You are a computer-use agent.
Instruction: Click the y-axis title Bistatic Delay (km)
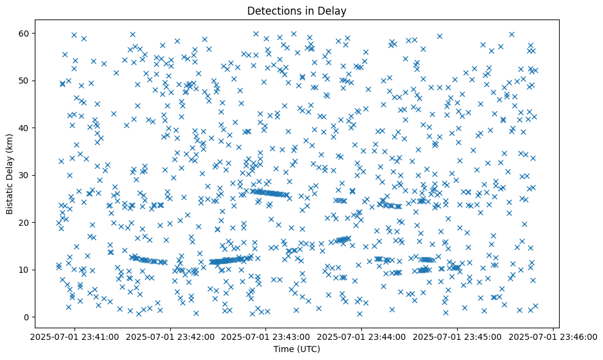tap(10, 174)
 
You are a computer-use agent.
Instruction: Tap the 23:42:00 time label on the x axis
tap(171, 337)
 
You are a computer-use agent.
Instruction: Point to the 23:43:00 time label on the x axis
tap(267, 337)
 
